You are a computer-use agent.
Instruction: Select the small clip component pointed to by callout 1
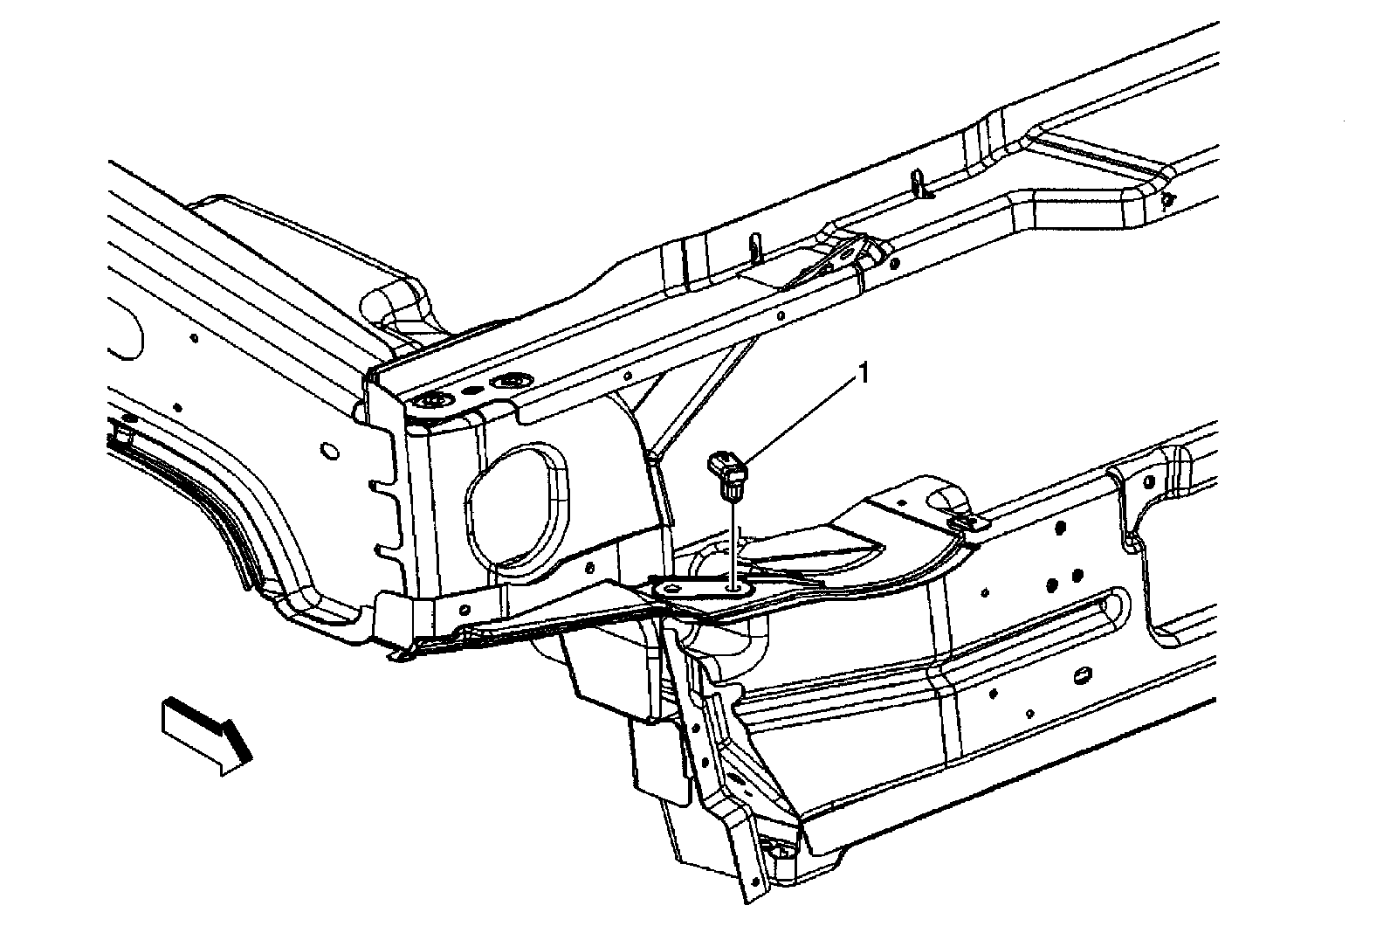point(731,473)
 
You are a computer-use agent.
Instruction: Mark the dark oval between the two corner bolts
point(471,392)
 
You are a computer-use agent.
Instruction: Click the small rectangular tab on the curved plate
point(967,523)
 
